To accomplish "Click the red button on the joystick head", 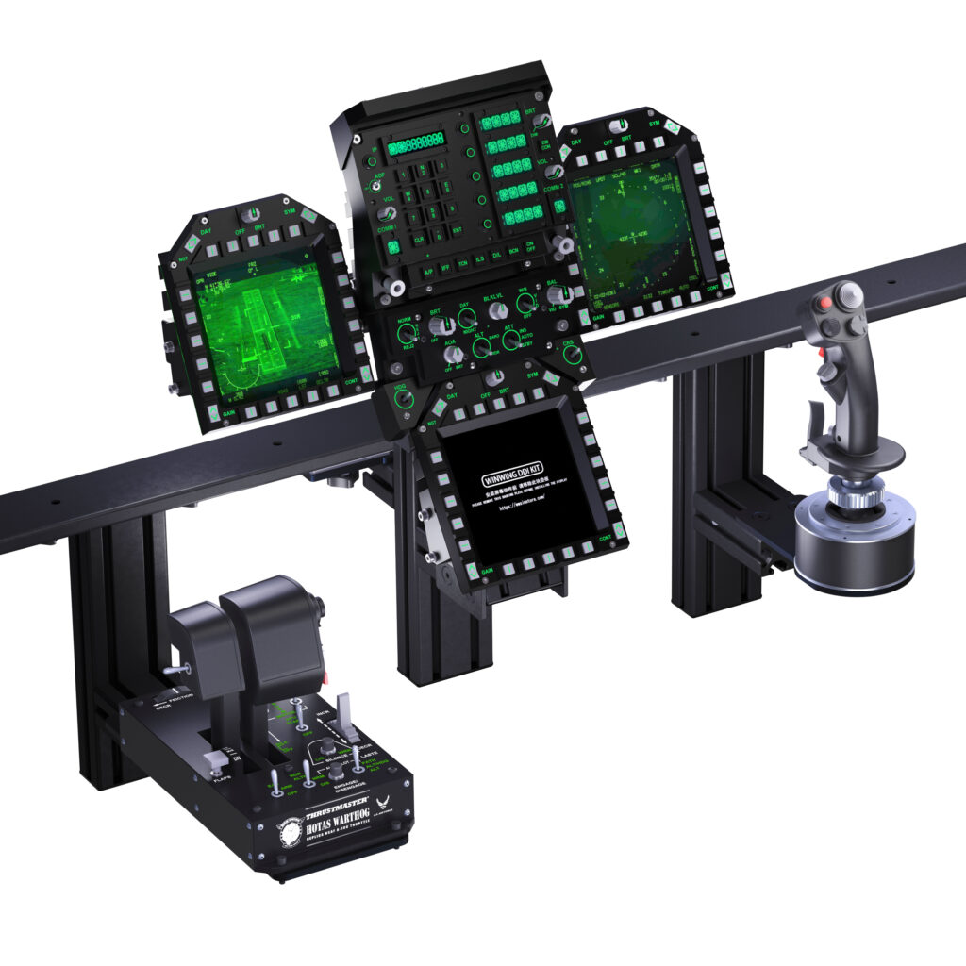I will click(825, 304).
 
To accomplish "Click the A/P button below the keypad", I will click(428, 272).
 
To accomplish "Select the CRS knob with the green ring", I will click(570, 356).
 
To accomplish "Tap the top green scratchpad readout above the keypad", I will click(415, 144).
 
